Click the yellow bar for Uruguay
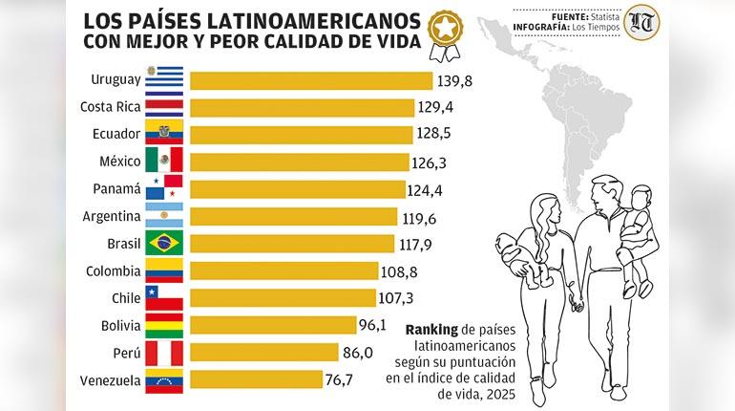(306, 79)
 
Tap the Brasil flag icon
(163, 243)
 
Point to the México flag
(163, 161)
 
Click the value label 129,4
(436, 107)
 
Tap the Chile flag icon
(163, 297)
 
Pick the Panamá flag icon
(163, 188)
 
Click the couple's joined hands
(577, 305)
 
